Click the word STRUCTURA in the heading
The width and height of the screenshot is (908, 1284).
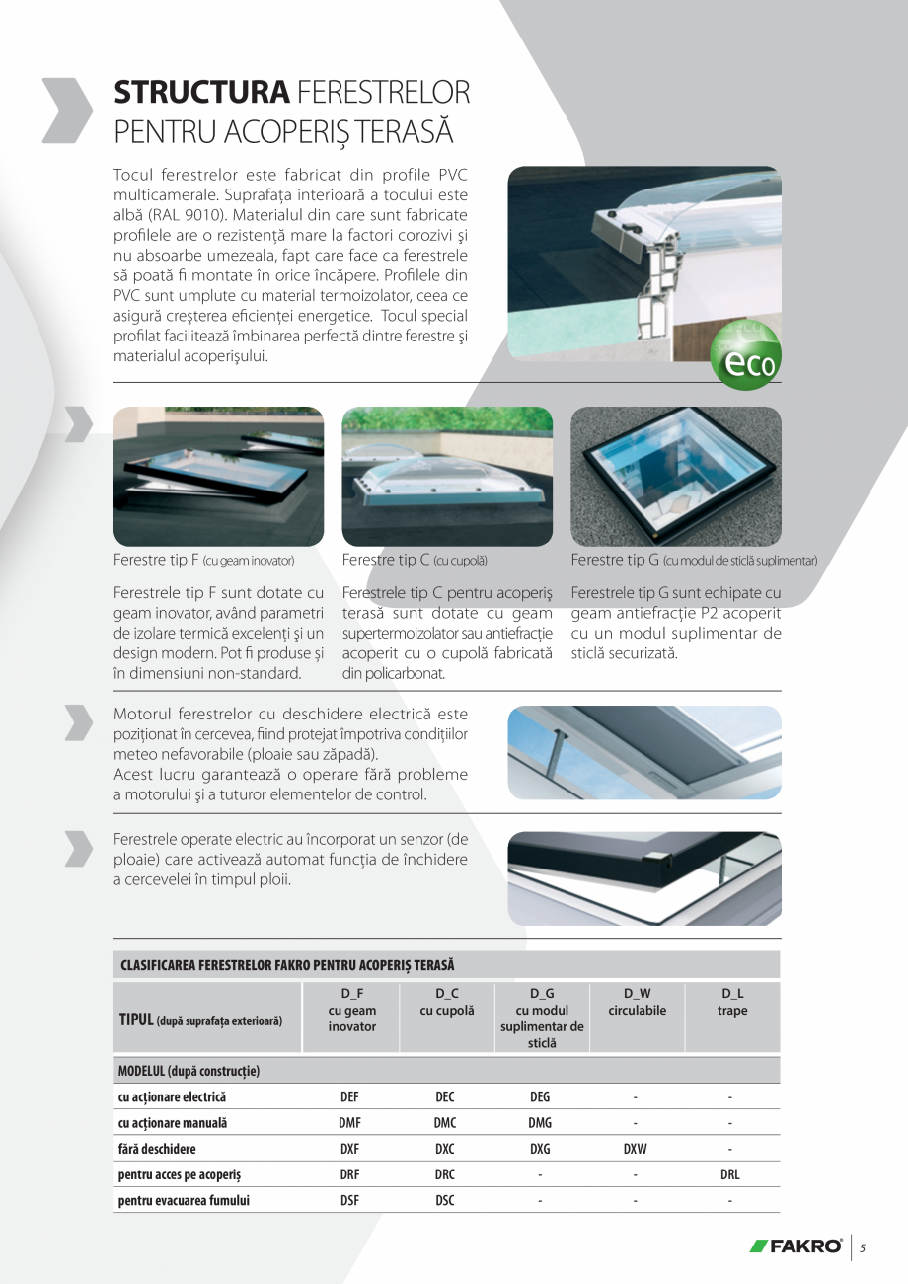(x=201, y=93)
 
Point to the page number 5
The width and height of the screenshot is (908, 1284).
(x=862, y=1247)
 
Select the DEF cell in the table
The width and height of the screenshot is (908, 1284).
(x=349, y=1096)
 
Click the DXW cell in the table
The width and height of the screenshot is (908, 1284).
(x=636, y=1149)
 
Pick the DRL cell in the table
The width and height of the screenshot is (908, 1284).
(x=730, y=1175)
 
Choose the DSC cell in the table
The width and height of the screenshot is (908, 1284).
(x=444, y=1201)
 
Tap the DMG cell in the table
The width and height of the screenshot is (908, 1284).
(x=540, y=1123)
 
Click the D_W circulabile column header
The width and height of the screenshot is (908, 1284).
(x=637, y=1002)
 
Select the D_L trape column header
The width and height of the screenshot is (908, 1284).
(x=732, y=1002)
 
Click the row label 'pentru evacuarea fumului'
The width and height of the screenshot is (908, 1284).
(x=184, y=1201)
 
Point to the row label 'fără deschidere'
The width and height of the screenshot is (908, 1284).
(x=157, y=1149)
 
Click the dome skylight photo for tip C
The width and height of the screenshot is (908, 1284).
(x=447, y=477)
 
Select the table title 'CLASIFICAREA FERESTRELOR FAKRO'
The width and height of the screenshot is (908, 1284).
(x=287, y=964)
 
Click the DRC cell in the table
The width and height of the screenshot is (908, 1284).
(x=444, y=1175)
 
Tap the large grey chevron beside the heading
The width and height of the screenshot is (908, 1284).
(x=67, y=110)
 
